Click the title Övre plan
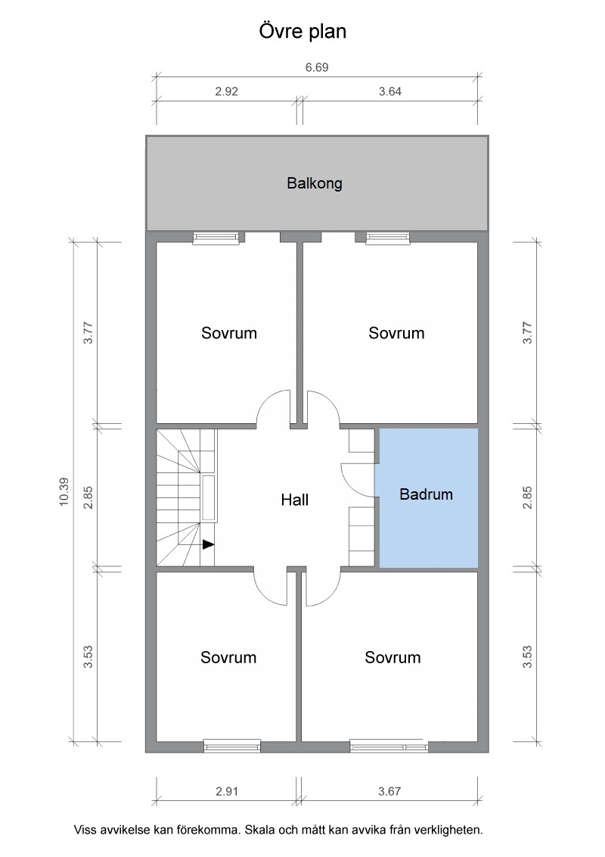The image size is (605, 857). click(302, 32)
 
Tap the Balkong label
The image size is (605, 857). click(315, 183)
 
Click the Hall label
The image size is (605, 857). click(295, 500)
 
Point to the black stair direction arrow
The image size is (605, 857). click(208, 544)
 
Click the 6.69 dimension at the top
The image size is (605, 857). click(317, 67)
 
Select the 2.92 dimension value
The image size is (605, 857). click(227, 92)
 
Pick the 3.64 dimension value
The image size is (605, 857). click(390, 92)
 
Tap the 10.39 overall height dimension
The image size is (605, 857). click(64, 492)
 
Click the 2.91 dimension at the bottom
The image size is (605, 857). click(227, 791)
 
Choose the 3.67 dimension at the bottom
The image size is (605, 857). click(389, 791)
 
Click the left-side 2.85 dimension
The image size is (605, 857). click(88, 497)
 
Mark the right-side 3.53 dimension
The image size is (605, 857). click(527, 657)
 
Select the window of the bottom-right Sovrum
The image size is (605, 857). click(389, 746)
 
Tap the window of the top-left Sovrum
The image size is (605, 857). click(216, 237)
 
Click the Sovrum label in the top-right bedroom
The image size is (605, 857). click(396, 333)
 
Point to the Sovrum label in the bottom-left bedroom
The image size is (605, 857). click(228, 657)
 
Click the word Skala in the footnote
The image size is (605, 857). click(259, 830)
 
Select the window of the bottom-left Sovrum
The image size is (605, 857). click(232, 746)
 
